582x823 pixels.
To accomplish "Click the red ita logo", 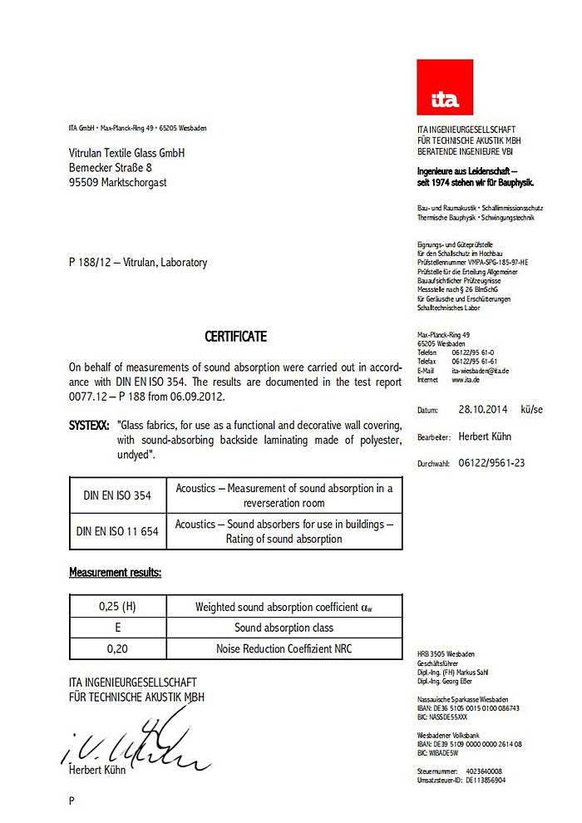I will (x=445, y=87).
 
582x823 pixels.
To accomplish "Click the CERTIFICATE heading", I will (x=236, y=337).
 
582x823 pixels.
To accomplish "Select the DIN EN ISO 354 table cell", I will (x=117, y=495).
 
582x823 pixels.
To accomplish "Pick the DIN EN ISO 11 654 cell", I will (x=117, y=531).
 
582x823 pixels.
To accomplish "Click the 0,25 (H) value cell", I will (x=117, y=607).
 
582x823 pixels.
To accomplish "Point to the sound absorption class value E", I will (x=117, y=628).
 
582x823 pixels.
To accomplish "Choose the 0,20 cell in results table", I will (x=117, y=648).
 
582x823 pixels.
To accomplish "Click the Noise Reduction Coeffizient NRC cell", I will (x=284, y=648).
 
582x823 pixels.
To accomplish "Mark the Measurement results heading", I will (x=115, y=573).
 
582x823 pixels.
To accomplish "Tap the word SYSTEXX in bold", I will (x=88, y=424).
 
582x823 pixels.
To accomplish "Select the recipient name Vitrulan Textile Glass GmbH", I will (x=126, y=153).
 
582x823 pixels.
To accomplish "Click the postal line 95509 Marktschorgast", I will (x=117, y=182).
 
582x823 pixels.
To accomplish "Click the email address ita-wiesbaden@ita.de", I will (x=480, y=371).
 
